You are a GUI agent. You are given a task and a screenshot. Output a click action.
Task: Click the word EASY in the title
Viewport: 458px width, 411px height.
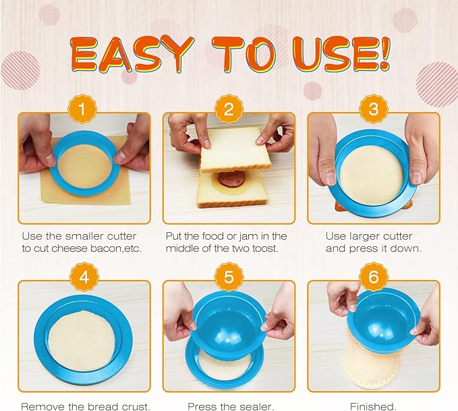tap(128, 54)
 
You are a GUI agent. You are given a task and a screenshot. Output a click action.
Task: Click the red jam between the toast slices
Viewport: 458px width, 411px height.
tap(228, 181)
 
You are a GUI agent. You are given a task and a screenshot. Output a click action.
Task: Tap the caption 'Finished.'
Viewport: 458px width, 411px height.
tap(373, 406)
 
